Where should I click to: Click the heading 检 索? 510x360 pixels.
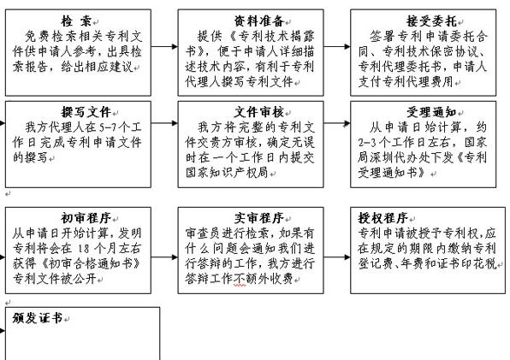click(76, 21)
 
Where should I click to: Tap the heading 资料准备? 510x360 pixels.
click(259, 21)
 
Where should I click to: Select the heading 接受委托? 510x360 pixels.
click(431, 21)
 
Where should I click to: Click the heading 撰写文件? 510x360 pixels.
click(86, 112)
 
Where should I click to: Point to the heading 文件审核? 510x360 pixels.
click(259, 112)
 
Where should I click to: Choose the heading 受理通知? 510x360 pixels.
click(431, 112)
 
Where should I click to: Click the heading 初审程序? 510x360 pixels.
click(86, 218)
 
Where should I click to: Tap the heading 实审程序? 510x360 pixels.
click(259, 218)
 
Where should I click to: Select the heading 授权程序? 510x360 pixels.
click(382, 218)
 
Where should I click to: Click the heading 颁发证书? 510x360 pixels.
click(38, 318)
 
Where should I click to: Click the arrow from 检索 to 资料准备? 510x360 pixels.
click(164, 46)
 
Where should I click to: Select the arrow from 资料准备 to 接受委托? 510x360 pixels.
click(337, 46)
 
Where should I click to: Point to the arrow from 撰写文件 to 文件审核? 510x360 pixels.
click(164, 123)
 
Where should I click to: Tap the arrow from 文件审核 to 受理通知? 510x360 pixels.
click(337, 123)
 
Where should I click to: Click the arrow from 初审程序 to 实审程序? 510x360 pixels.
click(164, 257)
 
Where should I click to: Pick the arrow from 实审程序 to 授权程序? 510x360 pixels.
click(337, 257)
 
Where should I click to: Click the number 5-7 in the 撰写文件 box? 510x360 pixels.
click(108, 127)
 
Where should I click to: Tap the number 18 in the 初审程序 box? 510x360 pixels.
click(84, 249)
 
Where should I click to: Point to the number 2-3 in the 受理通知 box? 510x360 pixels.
click(366, 143)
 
